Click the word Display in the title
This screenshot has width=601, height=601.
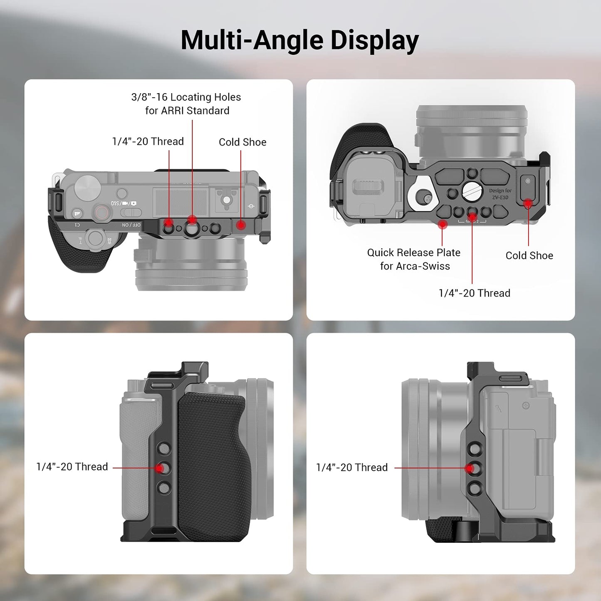click(374, 41)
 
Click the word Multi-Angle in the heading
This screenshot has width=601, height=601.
click(252, 41)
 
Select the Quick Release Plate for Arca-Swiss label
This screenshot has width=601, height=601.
click(414, 259)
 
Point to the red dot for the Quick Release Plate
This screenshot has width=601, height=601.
click(443, 225)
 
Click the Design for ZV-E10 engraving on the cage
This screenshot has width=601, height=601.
click(500, 194)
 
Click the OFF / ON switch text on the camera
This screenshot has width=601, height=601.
click(131, 225)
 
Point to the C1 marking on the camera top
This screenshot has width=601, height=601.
click(77, 225)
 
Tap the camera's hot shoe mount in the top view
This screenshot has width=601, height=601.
click(226, 200)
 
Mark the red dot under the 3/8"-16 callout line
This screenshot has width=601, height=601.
click(192, 220)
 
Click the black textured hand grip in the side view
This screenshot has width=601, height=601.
click(214, 466)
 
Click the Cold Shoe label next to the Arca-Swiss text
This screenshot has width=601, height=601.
click(529, 255)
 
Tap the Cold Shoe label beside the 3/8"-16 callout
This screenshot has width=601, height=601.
click(242, 142)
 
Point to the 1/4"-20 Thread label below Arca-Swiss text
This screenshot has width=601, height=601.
click(474, 293)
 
